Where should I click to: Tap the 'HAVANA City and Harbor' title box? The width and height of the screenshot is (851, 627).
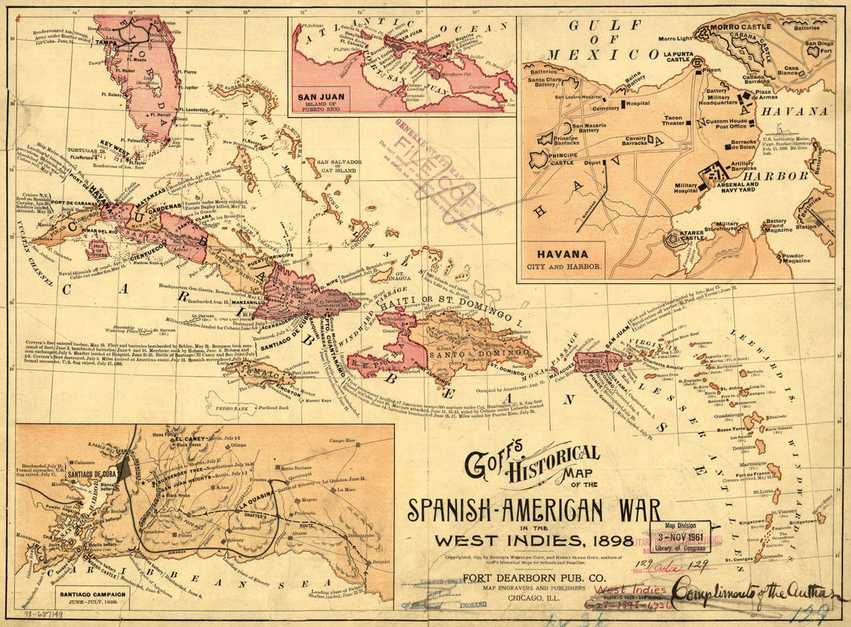(x=563, y=259)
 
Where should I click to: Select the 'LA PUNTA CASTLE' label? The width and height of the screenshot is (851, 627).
(x=677, y=57)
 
